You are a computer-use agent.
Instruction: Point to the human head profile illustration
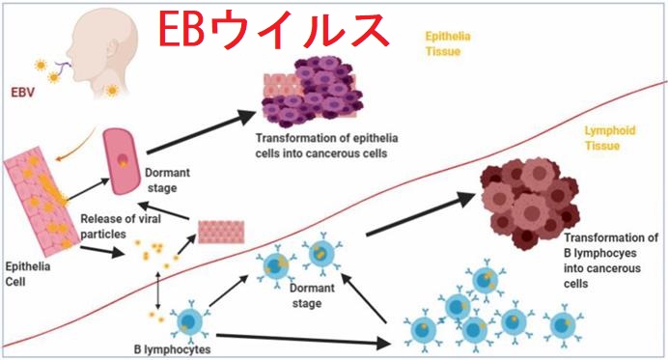click(92, 48)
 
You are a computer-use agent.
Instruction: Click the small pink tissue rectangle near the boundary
click(221, 232)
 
